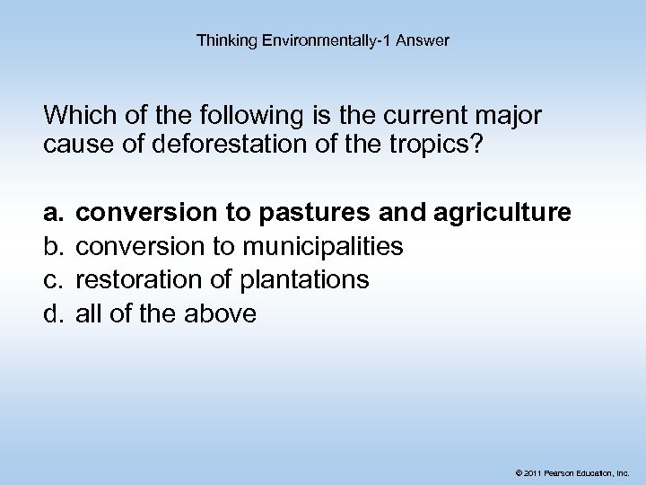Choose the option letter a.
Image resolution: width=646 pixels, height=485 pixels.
point(50,213)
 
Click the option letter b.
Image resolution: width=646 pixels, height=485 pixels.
point(50,246)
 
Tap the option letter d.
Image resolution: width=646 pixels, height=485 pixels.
point(50,314)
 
